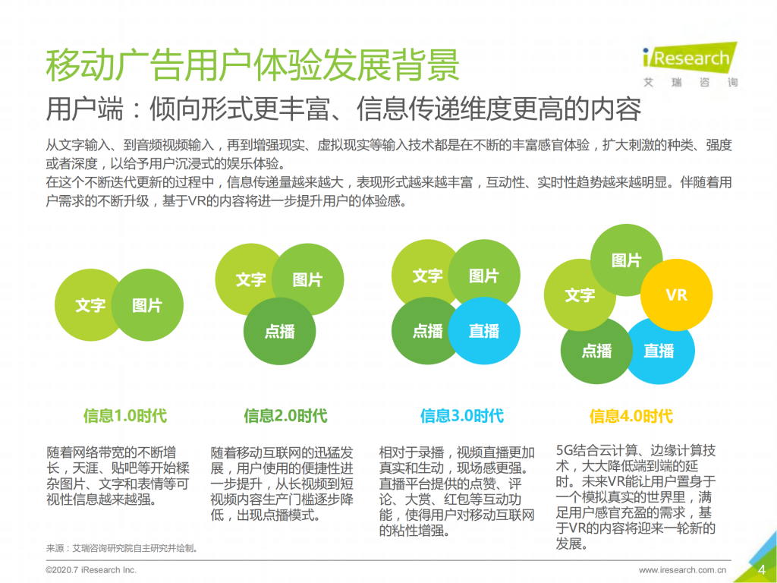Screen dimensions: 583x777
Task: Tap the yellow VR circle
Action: point(676,295)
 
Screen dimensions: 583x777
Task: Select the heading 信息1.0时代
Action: point(125,416)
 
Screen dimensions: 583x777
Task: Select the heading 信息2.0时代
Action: point(285,416)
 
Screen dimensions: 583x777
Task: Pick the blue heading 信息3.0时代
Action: point(461,416)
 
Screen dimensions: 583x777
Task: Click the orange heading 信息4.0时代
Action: point(631,416)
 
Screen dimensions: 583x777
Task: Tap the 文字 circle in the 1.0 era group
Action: point(90,305)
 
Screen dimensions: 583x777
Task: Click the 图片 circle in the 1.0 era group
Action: point(147,305)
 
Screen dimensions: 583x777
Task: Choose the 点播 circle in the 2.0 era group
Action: point(280,332)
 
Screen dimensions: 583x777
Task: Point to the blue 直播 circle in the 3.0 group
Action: point(484,331)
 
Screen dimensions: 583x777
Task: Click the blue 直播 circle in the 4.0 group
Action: point(659,351)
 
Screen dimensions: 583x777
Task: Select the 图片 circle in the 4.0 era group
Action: point(626,260)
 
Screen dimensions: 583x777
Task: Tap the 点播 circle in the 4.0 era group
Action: point(596,351)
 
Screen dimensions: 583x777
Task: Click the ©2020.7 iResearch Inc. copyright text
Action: point(91,570)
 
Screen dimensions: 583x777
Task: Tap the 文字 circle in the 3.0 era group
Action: point(427,276)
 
